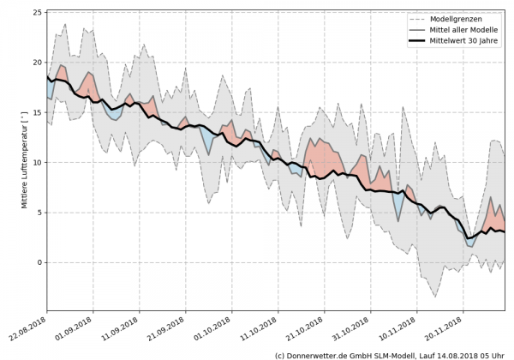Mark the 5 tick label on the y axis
point(39,212)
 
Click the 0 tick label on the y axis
point(39,262)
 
